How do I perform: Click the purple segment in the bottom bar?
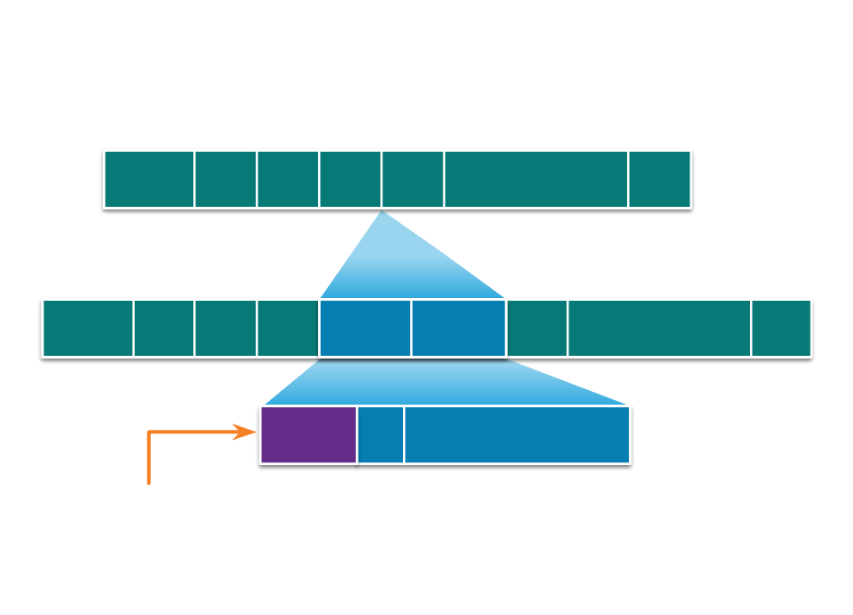pyautogui.click(x=308, y=434)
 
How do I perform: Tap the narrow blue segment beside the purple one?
pyautogui.click(x=380, y=434)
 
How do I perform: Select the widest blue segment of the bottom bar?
pyautogui.click(x=516, y=434)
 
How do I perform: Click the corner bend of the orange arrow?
pyautogui.click(x=149, y=433)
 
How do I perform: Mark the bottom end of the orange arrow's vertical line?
pyautogui.click(x=149, y=482)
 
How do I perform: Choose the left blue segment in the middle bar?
pyautogui.click(x=365, y=328)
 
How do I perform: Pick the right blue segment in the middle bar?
pyautogui.click(x=458, y=328)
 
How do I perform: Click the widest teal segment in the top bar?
pyautogui.click(x=536, y=179)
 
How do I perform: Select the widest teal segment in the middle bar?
pyautogui.click(x=660, y=328)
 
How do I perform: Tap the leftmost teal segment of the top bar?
pyautogui.click(x=149, y=179)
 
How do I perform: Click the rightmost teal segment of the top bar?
pyautogui.click(x=660, y=179)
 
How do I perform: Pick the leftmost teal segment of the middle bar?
pyautogui.click(x=88, y=328)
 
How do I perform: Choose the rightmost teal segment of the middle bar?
pyautogui.click(x=782, y=328)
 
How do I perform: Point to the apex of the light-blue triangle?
pyautogui.click(x=382, y=212)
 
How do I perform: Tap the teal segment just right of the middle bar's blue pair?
pyautogui.click(x=537, y=328)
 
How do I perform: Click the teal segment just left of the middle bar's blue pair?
pyautogui.click(x=288, y=328)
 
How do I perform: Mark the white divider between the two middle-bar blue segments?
pyautogui.click(x=411, y=328)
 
